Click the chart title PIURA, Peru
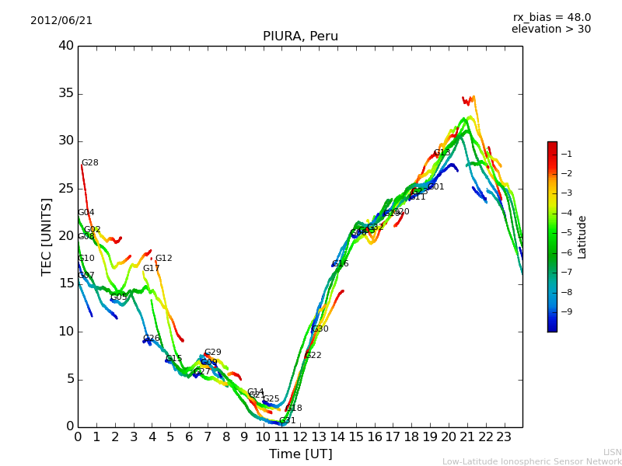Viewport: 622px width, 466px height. tap(300, 37)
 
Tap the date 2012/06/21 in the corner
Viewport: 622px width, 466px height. tap(61, 20)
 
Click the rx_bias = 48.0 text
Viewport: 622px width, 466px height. tap(551, 17)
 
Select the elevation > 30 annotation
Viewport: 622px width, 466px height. tap(551, 30)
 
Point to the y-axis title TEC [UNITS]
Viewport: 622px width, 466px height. tap(47, 236)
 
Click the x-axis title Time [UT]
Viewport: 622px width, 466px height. tap(300, 454)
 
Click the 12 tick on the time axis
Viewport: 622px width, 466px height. tap(300, 436)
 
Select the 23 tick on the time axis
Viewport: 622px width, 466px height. tap(504, 436)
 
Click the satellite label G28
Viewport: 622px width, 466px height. tap(90, 163)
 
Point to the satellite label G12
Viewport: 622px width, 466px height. tap(163, 259)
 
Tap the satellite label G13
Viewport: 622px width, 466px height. tap(442, 153)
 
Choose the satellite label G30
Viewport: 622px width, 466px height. tap(320, 329)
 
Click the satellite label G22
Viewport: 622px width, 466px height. tap(313, 356)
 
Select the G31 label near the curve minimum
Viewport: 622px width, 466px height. tap(287, 421)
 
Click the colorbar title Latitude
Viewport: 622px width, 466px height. tap(582, 237)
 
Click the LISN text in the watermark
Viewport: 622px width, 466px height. tap(612, 452)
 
